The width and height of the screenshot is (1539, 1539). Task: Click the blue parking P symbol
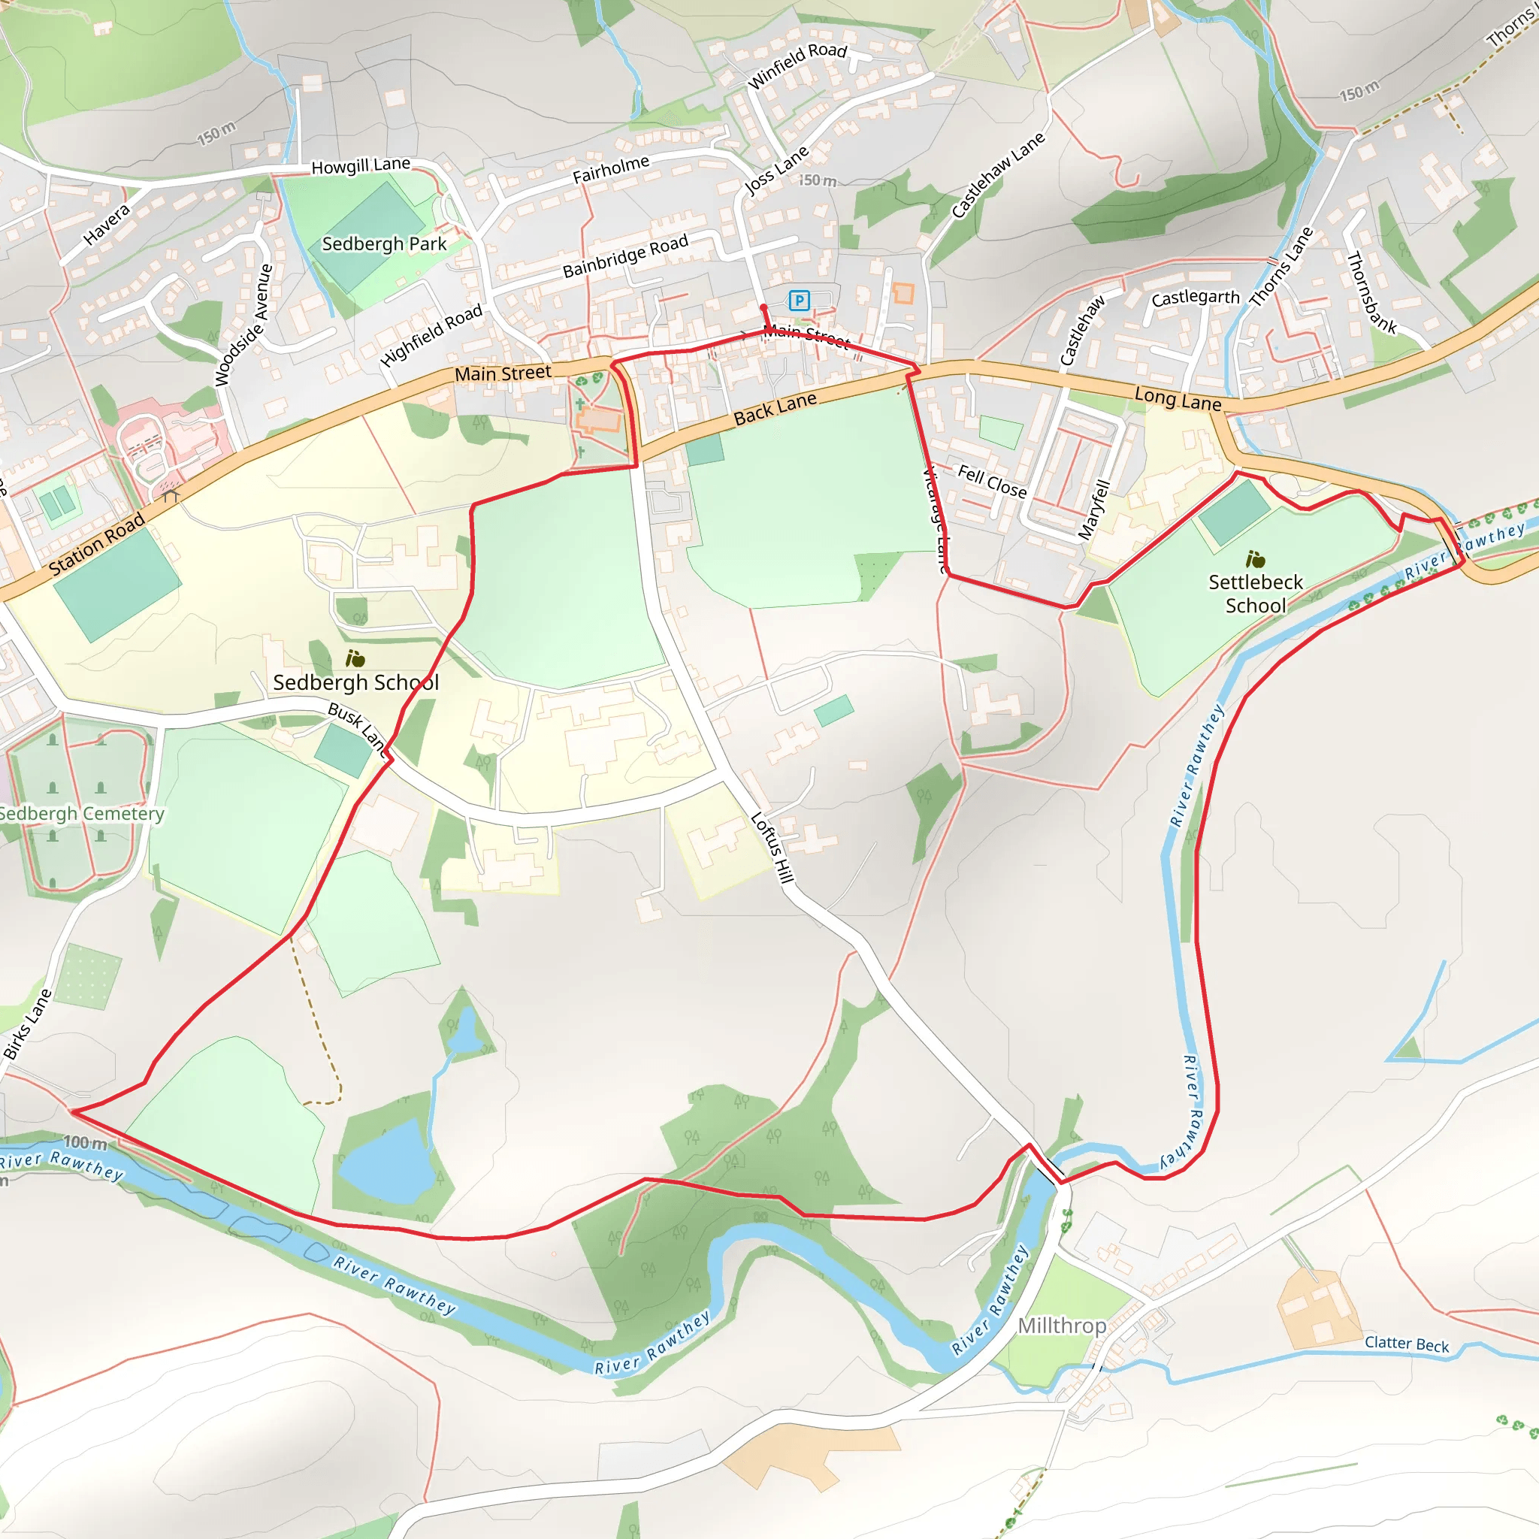point(799,301)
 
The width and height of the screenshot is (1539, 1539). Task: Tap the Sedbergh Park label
point(384,243)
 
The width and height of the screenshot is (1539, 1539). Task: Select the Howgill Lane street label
point(361,165)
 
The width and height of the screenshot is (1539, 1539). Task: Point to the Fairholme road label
point(611,169)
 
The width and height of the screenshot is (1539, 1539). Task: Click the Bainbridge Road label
point(625,255)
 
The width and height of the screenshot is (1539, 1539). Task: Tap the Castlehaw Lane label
point(998,174)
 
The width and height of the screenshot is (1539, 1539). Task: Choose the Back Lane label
point(775,408)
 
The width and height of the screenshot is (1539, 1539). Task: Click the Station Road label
point(96,544)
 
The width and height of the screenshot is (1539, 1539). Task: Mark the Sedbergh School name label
point(355,682)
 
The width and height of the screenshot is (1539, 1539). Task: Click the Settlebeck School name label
point(1256,594)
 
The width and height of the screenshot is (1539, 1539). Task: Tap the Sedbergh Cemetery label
point(81,813)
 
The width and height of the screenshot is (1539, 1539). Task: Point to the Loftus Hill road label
point(773,848)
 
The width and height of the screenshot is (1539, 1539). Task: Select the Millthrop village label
point(1062,1326)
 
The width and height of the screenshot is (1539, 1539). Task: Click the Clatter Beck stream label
point(1407,1344)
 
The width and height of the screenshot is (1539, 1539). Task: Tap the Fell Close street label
point(992,481)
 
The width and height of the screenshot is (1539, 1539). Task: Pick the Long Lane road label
point(1178,398)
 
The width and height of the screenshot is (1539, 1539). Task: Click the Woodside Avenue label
point(243,325)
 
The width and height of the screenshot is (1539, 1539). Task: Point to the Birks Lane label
point(27,1024)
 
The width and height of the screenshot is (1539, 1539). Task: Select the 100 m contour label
point(85,1143)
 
